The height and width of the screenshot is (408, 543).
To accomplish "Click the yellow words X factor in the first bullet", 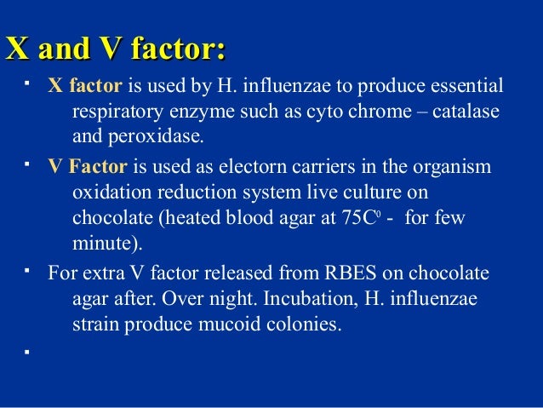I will [84, 88].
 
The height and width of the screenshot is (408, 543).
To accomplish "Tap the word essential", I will [466, 88].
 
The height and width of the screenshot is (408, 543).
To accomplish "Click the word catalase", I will [468, 112].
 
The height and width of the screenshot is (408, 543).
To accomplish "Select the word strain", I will [94, 324].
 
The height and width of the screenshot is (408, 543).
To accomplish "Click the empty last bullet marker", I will [28, 350].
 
